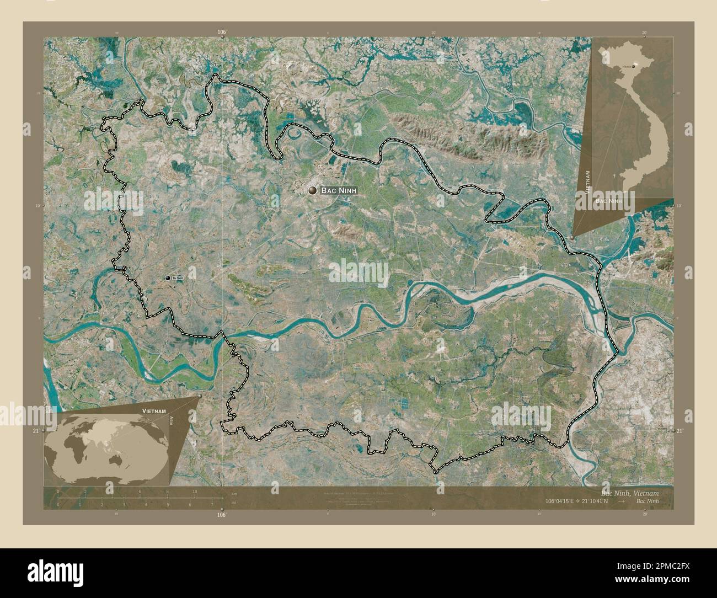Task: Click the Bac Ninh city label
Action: click(x=339, y=190)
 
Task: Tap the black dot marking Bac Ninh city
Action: click(x=313, y=190)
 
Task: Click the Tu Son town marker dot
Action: click(x=168, y=278)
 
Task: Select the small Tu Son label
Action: click(x=178, y=278)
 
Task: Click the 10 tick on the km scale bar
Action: click(x=195, y=492)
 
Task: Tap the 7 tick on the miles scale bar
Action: click(x=212, y=504)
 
